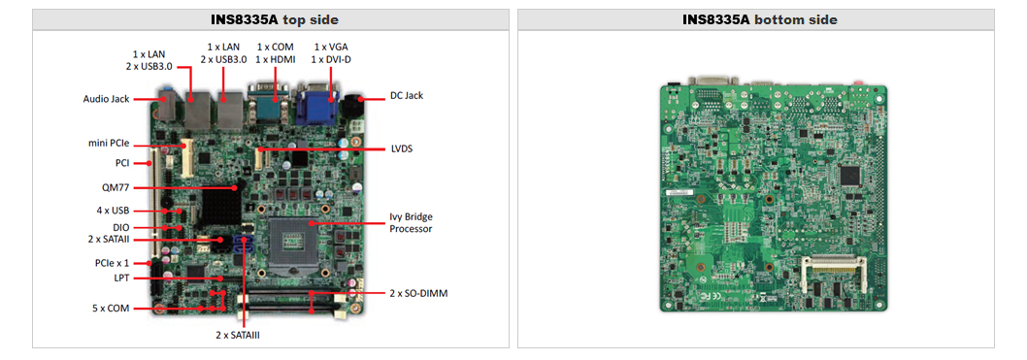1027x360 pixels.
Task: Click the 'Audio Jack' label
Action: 106,98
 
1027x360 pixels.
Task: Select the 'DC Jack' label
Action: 407,95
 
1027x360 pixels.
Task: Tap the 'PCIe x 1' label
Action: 109,263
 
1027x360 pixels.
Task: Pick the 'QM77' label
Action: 116,187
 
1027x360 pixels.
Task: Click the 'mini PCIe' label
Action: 109,143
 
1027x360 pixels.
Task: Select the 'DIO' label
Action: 120,227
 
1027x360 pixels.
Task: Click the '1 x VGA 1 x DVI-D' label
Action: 331,52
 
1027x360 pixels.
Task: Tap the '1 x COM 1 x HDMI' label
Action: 276,52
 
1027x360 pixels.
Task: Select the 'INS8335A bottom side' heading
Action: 759,19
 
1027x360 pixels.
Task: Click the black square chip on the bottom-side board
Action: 852,176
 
